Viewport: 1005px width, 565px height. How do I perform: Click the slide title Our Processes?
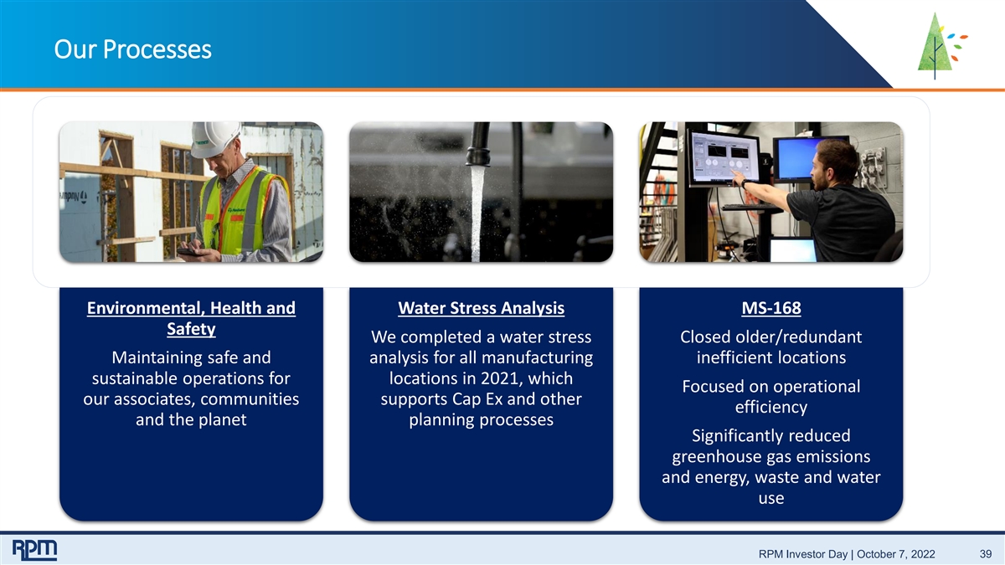(133, 49)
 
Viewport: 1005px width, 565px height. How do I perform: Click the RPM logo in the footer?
(34, 550)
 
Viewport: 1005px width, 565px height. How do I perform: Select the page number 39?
(985, 554)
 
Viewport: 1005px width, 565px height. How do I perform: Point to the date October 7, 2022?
(896, 554)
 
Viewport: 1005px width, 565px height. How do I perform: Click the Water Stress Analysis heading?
(481, 308)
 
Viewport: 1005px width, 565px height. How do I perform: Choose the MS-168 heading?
(770, 308)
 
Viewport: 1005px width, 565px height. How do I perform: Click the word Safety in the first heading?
(191, 329)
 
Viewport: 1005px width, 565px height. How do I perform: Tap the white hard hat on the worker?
(214, 139)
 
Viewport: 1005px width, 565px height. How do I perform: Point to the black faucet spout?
(478, 144)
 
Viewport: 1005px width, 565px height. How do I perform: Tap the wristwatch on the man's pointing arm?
(745, 183)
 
